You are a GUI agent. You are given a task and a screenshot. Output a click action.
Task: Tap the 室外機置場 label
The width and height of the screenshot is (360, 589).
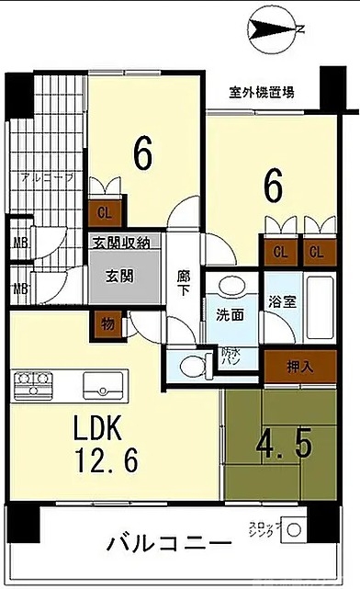[x=262, y=92]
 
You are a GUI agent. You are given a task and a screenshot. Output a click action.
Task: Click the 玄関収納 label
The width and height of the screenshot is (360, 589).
[x=124, y=243]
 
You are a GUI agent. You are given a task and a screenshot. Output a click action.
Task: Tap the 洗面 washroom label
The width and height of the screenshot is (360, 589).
[x=230, y=314]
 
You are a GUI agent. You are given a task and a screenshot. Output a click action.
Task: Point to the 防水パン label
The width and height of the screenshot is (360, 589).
[x=231, y=356]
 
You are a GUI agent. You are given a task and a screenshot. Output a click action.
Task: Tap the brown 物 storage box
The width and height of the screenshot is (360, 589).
[x=107, y=323]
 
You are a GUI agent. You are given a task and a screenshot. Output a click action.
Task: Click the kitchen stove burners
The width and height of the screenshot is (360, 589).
[x=33, y=382]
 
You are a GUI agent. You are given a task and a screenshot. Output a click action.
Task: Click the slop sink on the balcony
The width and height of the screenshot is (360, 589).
[x=293, y=530]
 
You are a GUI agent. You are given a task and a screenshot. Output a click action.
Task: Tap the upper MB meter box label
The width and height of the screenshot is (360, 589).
[x=18, y=244]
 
